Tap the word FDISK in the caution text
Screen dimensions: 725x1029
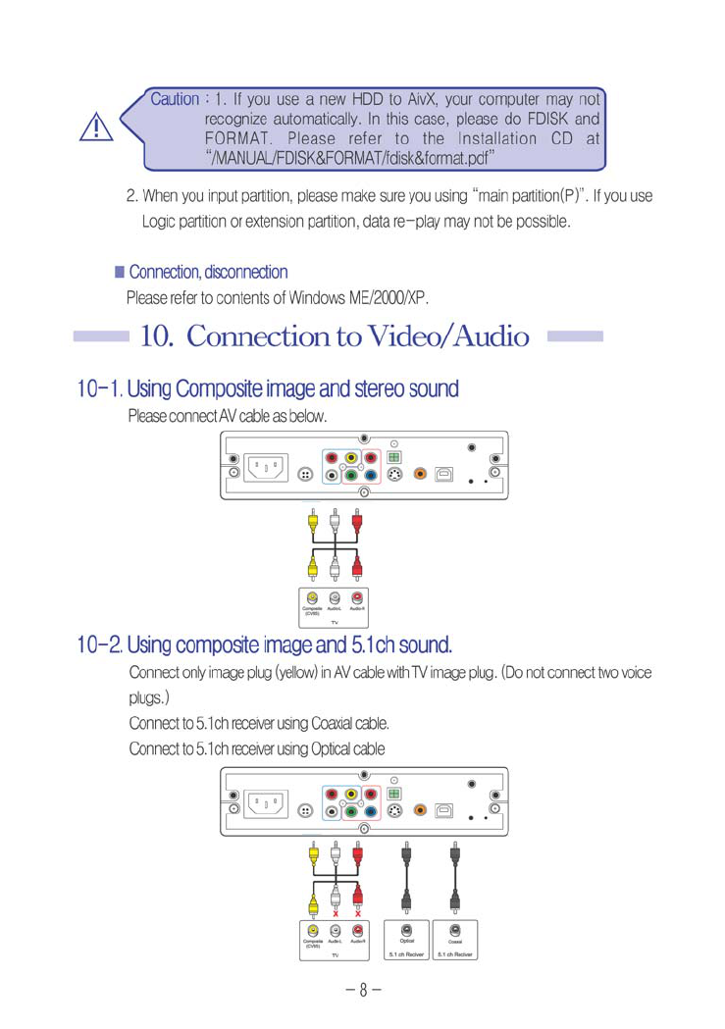(549, 119)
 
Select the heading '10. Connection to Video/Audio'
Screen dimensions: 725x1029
(336, 336)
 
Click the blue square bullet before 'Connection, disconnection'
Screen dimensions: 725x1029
(120, 271)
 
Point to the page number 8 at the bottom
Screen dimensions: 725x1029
(362, 988)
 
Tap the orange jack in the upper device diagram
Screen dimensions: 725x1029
(420, 474)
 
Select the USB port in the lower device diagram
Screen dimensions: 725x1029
(445, 811)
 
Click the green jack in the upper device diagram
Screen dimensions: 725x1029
(350, 476)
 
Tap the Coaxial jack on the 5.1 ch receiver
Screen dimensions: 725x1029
(455, 929)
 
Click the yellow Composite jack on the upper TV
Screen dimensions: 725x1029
(312, 597)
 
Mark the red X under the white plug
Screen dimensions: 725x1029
(336, 911)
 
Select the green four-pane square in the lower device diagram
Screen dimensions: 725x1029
(394, 793)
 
